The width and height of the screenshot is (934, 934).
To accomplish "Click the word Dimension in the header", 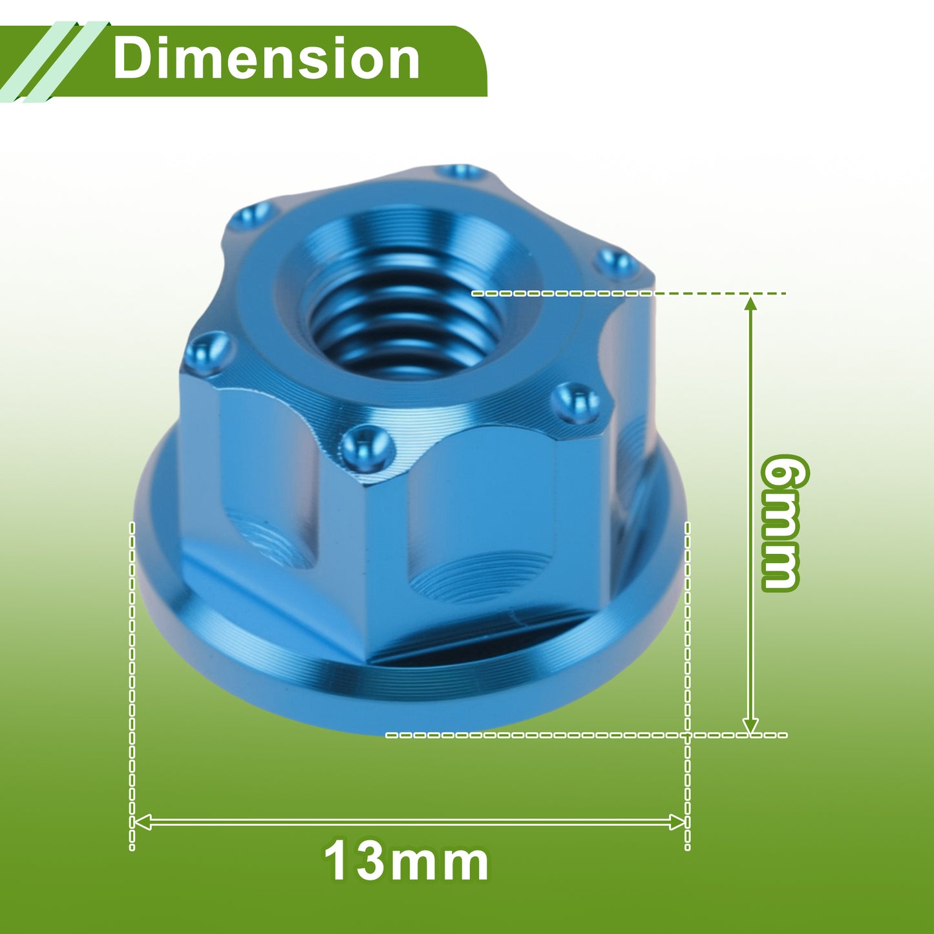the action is tap(266, 59).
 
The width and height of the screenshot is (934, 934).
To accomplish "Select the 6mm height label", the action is tap(781, 523).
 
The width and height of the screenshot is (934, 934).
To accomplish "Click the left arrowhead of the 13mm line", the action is tap(142, 822).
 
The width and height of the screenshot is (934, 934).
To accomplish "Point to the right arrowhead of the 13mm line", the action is tap(677, 822).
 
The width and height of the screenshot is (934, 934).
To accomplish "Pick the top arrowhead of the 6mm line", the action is tap(750, 305).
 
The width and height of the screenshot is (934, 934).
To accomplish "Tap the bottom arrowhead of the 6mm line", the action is tap(750, 725).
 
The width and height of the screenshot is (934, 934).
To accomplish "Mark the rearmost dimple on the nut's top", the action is tap(458, 171).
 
